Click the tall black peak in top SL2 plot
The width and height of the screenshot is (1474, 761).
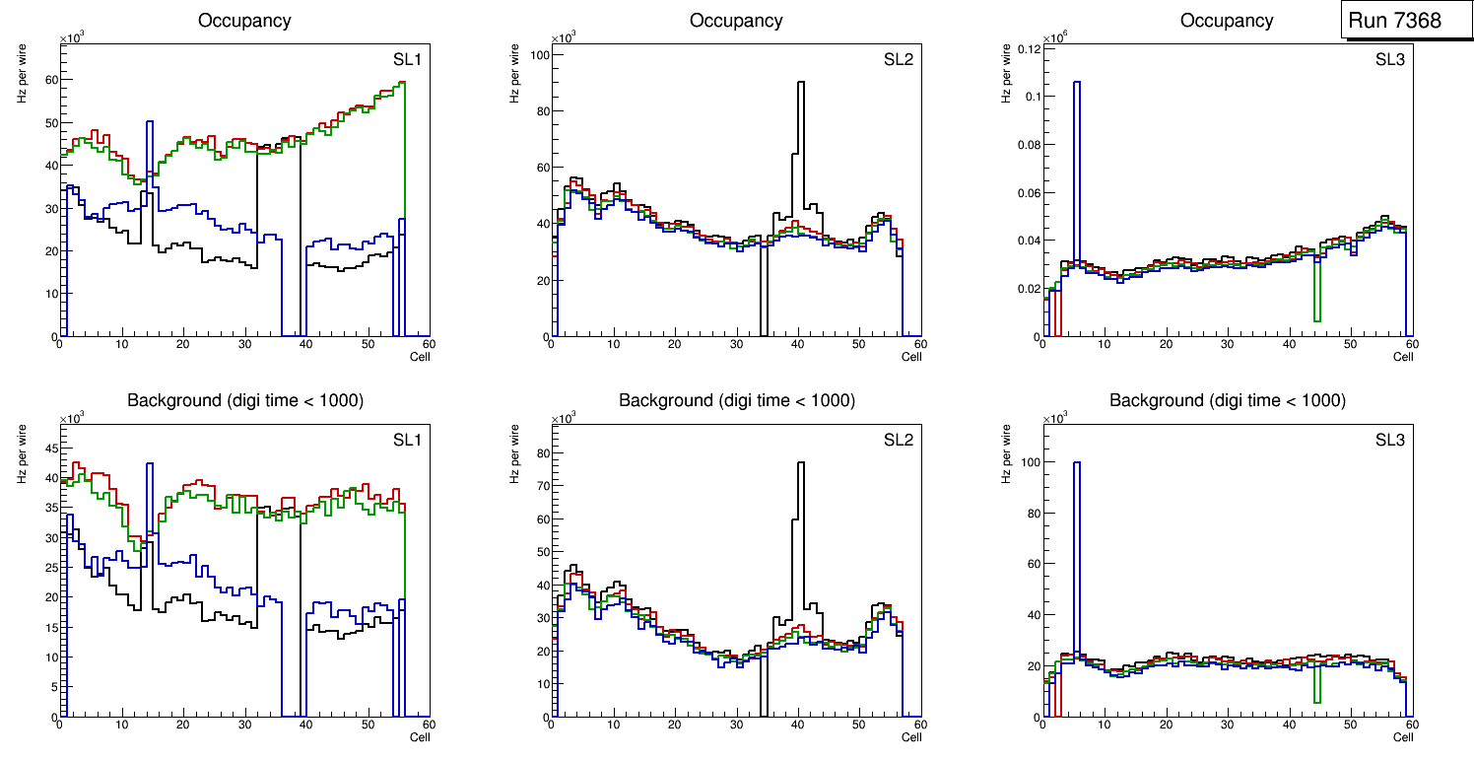801,85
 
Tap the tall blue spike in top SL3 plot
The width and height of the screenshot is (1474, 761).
1076,85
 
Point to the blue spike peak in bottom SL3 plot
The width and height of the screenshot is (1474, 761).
1076,464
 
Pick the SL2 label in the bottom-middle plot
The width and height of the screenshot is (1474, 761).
899,439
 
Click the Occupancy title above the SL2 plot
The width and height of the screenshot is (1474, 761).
736,21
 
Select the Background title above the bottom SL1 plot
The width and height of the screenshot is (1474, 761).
244,400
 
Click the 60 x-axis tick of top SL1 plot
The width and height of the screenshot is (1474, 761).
428,345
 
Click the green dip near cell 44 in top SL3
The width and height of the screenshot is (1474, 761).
1316,317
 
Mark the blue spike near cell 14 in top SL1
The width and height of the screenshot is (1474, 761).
149,124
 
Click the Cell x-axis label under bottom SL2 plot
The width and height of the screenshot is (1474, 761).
911,737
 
